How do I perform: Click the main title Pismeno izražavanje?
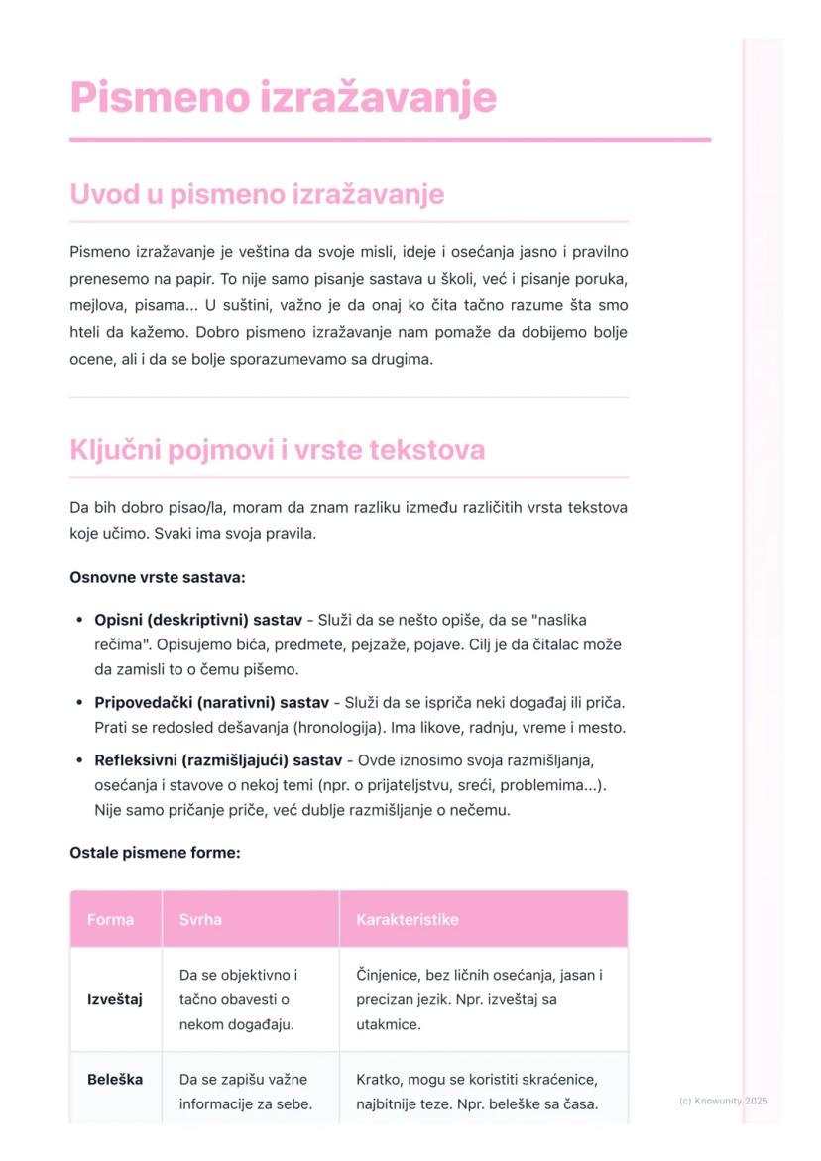pyautogui.click(x=283, y=98)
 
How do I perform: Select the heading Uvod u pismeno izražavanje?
pyautogui.click(x=257, y=194)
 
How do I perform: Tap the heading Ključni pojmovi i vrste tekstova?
pyautogui.click(x=277, y=450)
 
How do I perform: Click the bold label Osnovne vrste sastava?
pyautogui.click(x=158, y=577)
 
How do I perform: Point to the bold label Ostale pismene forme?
pyautogui.click(x=155, y=852)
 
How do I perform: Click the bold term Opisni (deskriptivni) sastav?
pyautogui.click(x=198, y=620)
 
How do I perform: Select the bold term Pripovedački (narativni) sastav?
pyautogui.click(x=211, y=702)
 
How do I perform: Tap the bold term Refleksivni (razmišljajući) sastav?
pyautogui.click(x=218, y=760)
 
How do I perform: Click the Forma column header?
pyautogui.click(x=110, y=919)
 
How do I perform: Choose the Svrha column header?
pyautogui.click(x=200, y=919)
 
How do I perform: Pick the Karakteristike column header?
pyautogui.click(x=407, y=919)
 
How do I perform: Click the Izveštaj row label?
pyautogui.click(x=115, y=999)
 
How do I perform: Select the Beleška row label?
pyautogui.click(x=115, y=1079)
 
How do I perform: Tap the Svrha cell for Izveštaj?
pyautogui.click(x=238, y=999)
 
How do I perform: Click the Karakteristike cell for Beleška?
pyautogui.click(x=477, y=1091)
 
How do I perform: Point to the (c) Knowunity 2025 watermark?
pyautogui.click(x=723, y=1101)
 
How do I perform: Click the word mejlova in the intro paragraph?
pyautogui.click(x=98, y=305)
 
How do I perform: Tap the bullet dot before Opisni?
pyautogui.click(x=78, y=621)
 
